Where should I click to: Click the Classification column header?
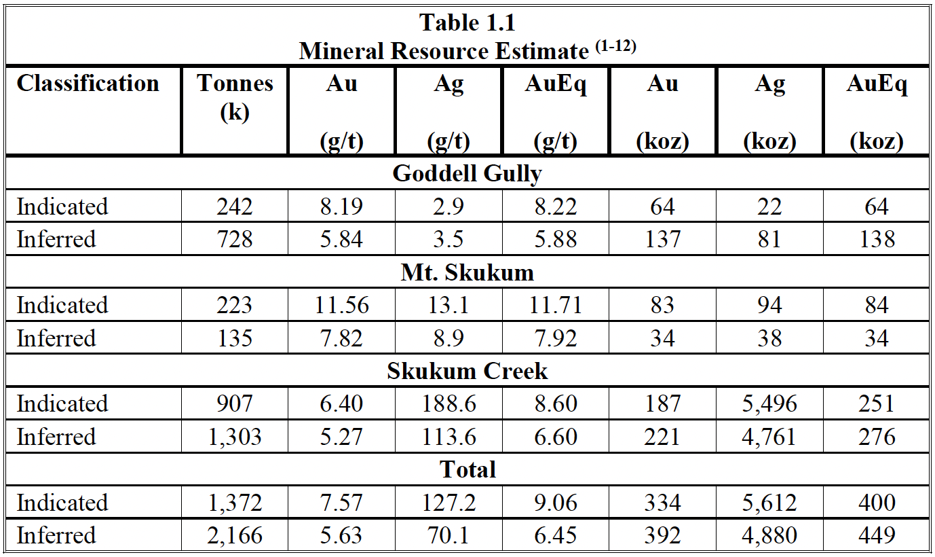point(88,84)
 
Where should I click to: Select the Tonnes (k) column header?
point(235,97)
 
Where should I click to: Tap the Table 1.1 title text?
point(467,22)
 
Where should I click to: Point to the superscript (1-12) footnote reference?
point(615,48)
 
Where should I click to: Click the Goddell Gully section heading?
point(467,173)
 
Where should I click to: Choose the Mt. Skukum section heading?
point(467,272)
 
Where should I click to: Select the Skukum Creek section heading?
point(467,371)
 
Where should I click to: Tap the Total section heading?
point(467,470)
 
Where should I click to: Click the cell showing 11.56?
point(341,305)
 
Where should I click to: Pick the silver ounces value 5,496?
point(769,403)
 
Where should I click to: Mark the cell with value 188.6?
point(449,403)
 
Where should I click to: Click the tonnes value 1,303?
point(235,437)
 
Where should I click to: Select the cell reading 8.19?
point(341,206)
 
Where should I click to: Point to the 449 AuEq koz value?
point(876,536)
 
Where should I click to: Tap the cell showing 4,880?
point(769,536)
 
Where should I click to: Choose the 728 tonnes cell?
point(235,239)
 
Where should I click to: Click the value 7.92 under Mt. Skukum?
point(555,338)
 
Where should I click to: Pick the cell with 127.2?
point(449,503)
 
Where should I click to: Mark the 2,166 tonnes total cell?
point(235,536)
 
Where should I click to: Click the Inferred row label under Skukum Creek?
point(56,437)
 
